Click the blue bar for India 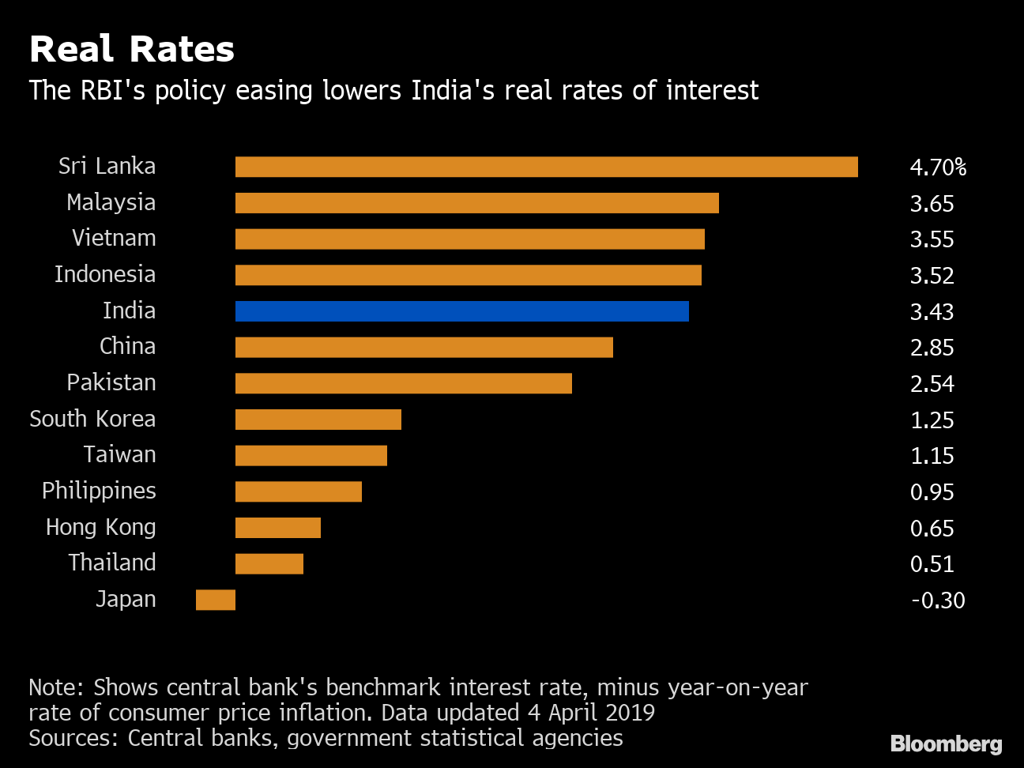point(461,311)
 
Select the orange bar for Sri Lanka point(546,167)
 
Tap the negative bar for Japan point(216,600)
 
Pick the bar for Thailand point(269,563)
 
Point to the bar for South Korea point(318,420)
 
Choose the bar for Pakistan point(403,383)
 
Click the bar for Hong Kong point(277,528)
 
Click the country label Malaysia point(111,203)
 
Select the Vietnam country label point(114,239)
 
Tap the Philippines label point(99,491)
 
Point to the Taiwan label point(119,455)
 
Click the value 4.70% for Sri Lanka point(938,168)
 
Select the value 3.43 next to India point(932,312)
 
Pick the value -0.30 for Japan point(938,600)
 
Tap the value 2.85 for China point(932,348)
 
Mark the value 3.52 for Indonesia point(932,276)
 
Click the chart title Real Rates point(132,49)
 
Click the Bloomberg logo point(946,744)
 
